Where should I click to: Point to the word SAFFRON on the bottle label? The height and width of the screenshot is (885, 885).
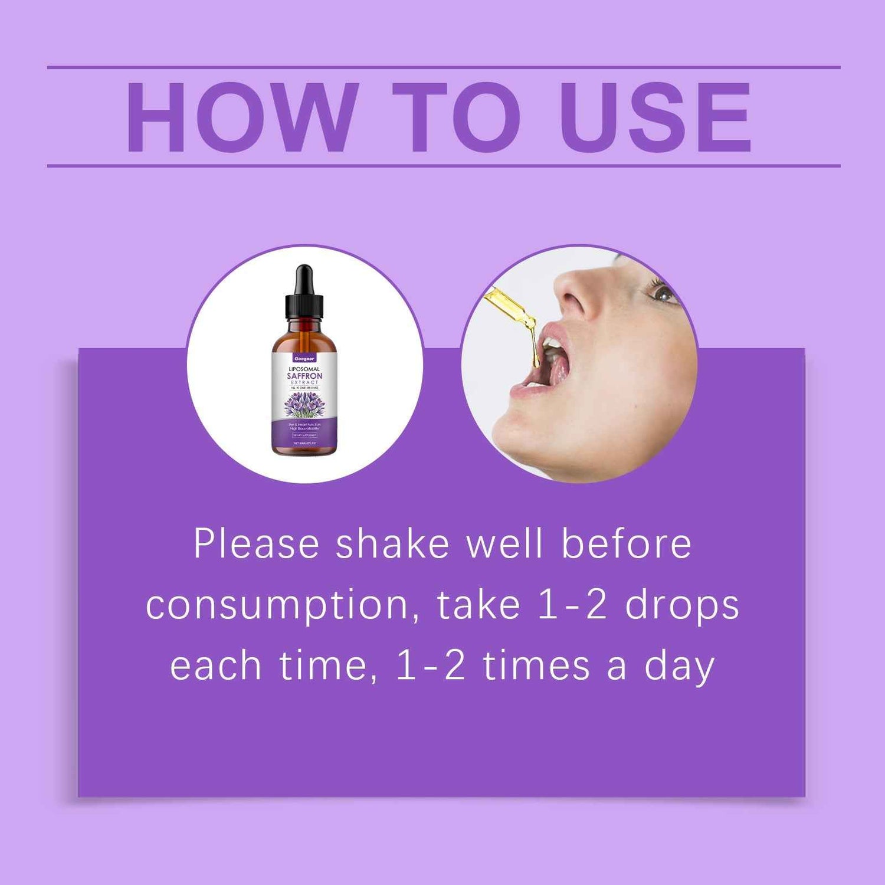304,376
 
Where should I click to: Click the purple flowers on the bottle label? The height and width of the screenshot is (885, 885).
304,405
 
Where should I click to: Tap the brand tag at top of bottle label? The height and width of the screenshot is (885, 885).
304,358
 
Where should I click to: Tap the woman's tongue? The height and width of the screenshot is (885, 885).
558,369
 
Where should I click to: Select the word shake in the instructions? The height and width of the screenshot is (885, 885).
392,543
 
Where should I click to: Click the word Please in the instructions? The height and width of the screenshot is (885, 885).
256,543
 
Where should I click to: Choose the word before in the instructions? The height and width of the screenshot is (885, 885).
626,543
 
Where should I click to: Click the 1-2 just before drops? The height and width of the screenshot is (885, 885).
572,606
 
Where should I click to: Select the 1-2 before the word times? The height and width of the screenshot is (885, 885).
430,667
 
